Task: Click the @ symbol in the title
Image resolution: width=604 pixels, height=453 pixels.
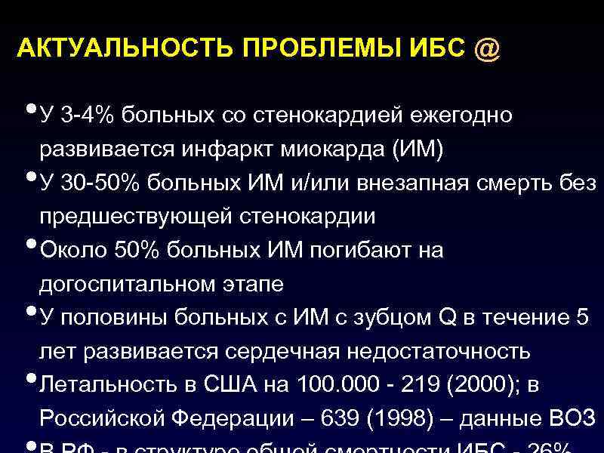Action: click(x=486, y=50)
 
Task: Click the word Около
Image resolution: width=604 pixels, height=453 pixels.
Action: click(x=69, y=251)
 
